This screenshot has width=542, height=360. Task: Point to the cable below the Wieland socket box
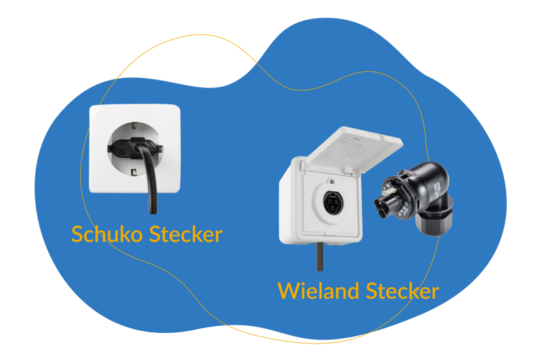pyautogui.click(x=319, y=256)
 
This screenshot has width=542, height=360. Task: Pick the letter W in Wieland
pyautogui.click(x=289, y=291)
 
